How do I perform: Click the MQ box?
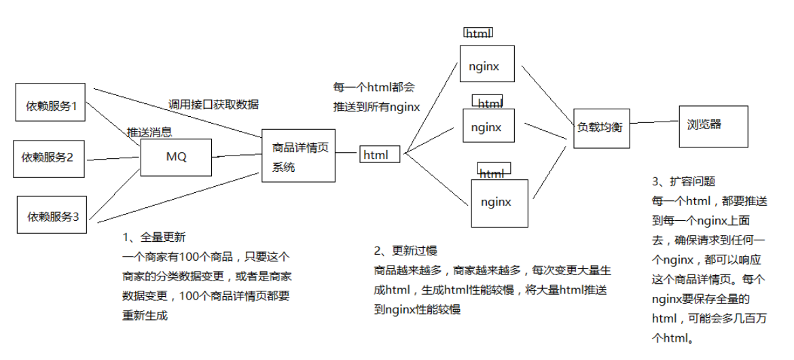(x=176, y=157)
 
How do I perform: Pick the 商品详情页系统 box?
(x=298, y=156)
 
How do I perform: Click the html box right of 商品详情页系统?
(x=379, y=155)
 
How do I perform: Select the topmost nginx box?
(x=487, y=67)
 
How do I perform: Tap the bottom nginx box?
(x=499, y=202)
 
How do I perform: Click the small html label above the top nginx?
(x=478, y=33)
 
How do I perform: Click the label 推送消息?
(x=149, y=132)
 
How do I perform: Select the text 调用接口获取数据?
(x=213, y=105)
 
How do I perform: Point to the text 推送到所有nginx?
(x=376, y=107)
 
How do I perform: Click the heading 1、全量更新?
(x=154, y=238)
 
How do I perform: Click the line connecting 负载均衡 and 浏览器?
(x=655, y=123)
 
